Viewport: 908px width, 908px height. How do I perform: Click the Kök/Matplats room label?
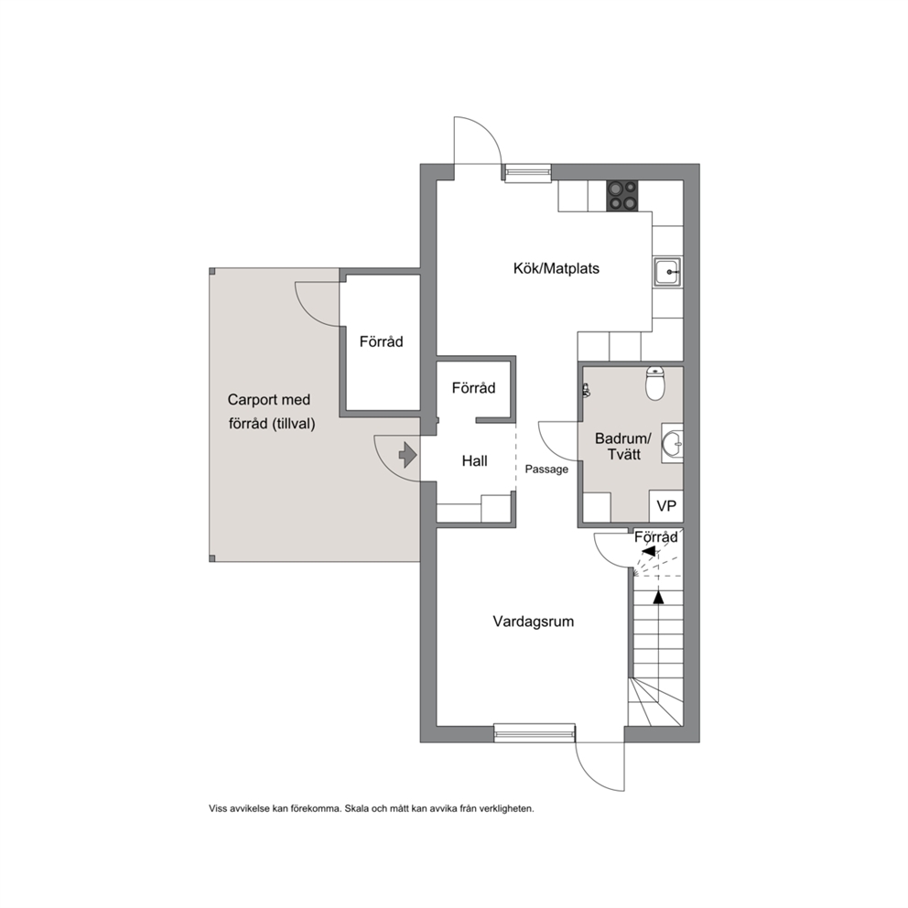tap(556, 269)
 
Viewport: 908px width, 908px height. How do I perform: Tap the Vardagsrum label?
tap(534, 622)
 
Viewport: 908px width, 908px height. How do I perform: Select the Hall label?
tap(474, 461)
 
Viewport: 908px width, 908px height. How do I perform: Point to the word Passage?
tap(546, 470)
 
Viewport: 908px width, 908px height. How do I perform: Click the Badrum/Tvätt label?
tap(623, 447)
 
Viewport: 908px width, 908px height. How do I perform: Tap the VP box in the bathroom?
tap(666, 506)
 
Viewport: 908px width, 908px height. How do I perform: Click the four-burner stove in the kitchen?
tap(622, 196)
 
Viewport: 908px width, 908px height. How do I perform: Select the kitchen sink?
tap(668, 272)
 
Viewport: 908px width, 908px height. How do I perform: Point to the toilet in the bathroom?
tap(655, 384)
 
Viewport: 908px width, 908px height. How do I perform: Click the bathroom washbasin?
tap(673, 443)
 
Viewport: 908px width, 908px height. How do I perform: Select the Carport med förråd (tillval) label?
tap(271, 412)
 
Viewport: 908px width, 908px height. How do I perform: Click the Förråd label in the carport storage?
tap(381, 341)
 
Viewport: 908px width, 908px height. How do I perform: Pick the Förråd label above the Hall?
tap(474, 388)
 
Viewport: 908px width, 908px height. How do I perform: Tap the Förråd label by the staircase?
tap(655, 537)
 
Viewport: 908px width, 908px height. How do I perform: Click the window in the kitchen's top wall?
tap(527, 173)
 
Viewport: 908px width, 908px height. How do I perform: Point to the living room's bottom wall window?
tap(535, 733)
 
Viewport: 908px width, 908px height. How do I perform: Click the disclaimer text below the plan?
tap(372, 809)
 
